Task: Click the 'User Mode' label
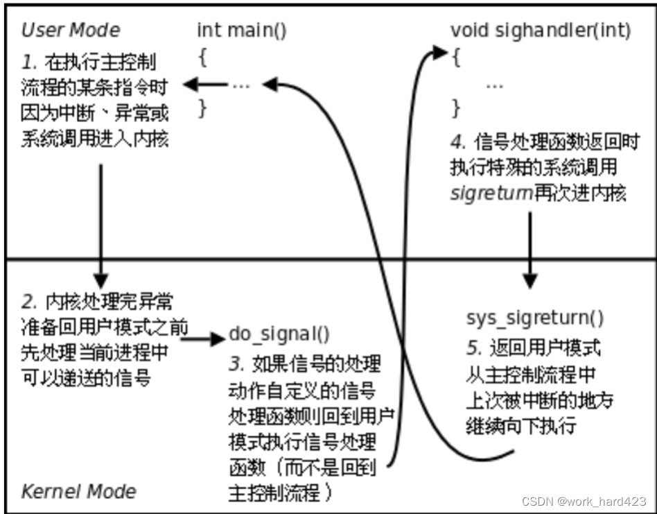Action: [x=70, y=31]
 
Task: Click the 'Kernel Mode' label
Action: [x=78, y=492]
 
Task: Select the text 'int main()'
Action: [x=241, y=31]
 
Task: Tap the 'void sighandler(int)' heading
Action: [x=541, y=31]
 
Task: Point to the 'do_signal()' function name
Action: [x=279, y=334]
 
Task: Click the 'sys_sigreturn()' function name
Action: [x=534, y=318]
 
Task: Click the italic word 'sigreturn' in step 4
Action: [x=490, y=193]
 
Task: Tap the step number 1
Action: [x=28, y=62]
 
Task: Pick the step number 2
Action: [x=28, y=302]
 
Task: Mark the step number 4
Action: [x=457, y=142]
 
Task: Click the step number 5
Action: [x=473, y=347]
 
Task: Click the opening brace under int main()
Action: [x=202, y=58]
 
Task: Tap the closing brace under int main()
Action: [x=202, y=108]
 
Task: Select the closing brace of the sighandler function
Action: [x=456, y=108]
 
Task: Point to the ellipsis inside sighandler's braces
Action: [x=494, y=85]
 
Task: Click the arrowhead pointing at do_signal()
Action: [x=221, y=339]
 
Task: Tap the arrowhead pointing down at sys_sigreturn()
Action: [x=530, y=281]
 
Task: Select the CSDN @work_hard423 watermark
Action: [x=584, y=502]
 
